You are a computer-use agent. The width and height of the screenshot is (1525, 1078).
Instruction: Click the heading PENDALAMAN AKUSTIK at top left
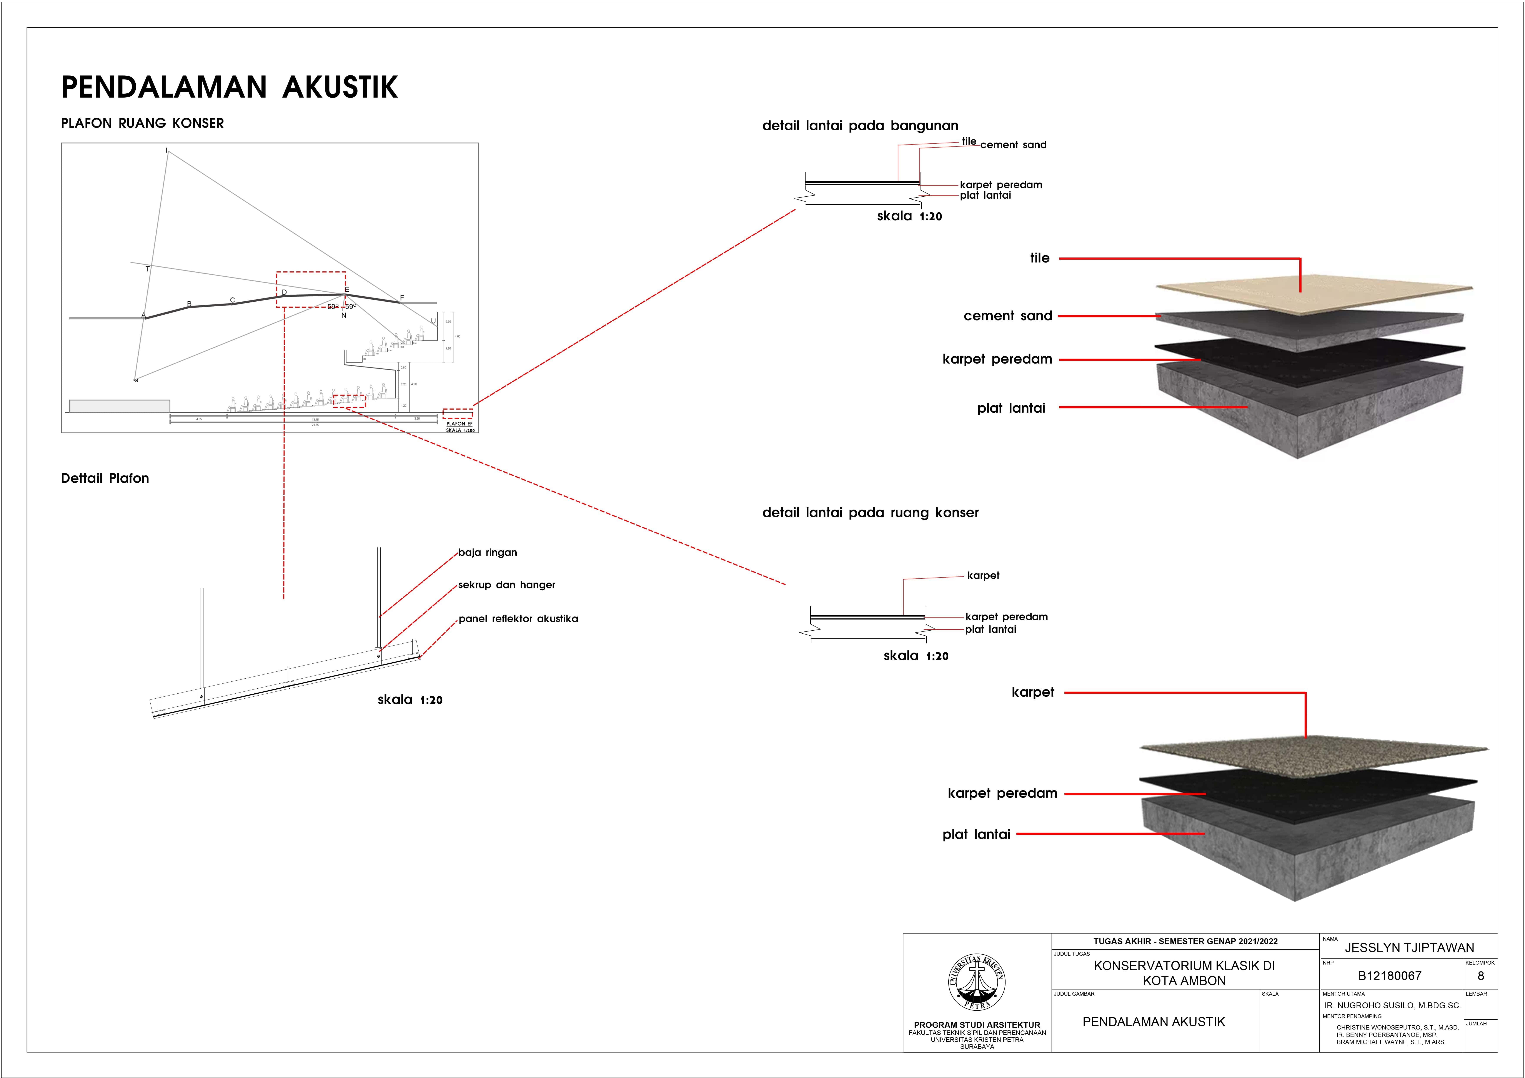coord(229,87)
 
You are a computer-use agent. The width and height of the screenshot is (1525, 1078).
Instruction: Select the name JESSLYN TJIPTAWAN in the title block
coord(1409,948)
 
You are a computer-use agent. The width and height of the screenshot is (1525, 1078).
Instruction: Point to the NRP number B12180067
coord(1390,976)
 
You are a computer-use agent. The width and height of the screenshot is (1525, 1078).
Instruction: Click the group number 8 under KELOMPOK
coord(1480,976)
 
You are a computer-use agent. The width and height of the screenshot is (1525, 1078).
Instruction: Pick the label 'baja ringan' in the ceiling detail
coord(488,553)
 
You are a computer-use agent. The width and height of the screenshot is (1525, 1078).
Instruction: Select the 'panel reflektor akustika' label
coord(518,619)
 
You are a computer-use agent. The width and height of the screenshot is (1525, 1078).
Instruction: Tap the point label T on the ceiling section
coord(147,269)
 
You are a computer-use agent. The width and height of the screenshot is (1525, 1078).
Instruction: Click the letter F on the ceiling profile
coord(402,297)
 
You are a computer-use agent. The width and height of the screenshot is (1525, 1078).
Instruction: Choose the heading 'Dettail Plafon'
coord(105,478)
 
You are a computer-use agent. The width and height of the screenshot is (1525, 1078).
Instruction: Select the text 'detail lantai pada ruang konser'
coord(870,513)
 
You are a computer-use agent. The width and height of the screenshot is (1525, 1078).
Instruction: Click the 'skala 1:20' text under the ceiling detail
coord(410,700)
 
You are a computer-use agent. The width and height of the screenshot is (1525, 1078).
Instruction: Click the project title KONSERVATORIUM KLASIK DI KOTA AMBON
coord(1184,973)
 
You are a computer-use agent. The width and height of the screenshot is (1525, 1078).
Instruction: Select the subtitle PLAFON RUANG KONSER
coord(142,124)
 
